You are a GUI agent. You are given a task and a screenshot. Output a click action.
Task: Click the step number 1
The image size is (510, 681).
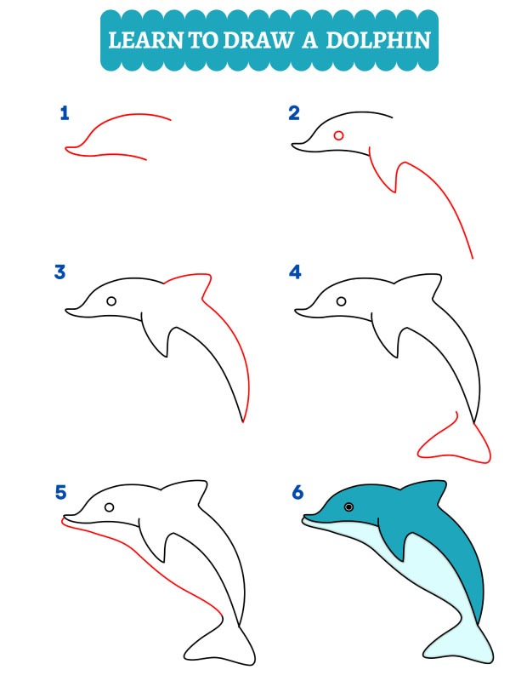point(64,113)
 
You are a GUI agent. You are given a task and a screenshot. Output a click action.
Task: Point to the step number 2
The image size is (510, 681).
point(294,113)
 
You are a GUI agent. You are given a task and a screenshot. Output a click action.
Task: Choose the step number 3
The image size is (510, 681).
point(60,272)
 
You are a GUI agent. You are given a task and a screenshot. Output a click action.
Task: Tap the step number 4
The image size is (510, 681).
point(295,272)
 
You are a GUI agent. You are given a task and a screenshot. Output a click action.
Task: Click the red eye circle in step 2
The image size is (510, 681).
point(339,135)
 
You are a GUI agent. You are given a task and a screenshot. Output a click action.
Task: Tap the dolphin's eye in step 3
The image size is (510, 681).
point(111,301)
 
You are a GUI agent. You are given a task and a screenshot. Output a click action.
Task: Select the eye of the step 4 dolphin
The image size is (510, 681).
point(341,301)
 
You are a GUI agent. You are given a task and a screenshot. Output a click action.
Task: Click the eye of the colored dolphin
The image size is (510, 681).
point(348,507)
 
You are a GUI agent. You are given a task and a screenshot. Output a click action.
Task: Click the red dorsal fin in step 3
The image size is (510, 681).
point(192,282)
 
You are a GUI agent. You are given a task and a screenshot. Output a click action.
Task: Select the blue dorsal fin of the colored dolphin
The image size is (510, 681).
point(425,492)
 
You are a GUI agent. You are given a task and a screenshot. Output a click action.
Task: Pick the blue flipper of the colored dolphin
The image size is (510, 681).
point(394,545)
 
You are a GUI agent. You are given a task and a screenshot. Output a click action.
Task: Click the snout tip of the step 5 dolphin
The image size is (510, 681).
point(65,518)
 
